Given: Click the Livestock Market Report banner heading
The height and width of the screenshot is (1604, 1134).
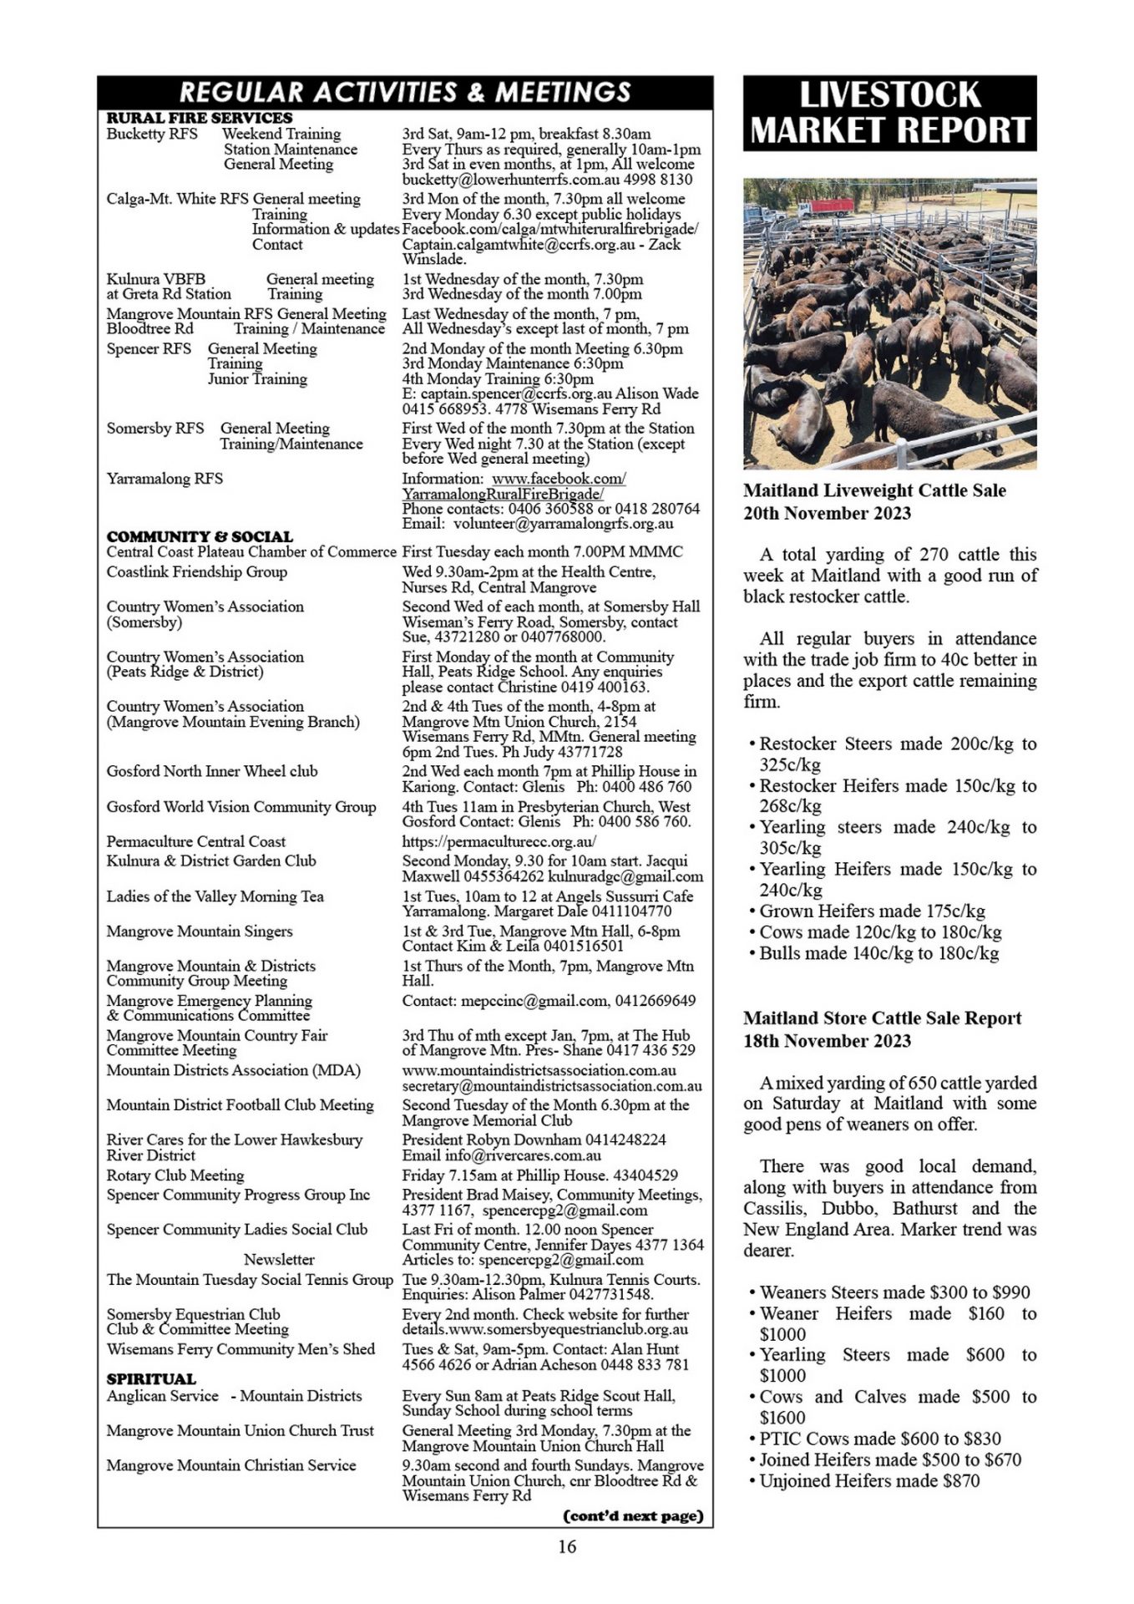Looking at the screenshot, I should [x=889, y=113].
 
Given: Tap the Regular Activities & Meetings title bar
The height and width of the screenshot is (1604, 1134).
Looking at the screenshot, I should [x=405, y=92].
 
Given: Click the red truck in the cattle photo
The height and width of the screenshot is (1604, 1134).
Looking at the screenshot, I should [x=826, y=206].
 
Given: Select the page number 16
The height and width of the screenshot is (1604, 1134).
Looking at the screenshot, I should [x=567, y=1546].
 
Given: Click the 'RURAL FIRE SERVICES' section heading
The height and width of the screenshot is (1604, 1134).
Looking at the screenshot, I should [x=200, y=118].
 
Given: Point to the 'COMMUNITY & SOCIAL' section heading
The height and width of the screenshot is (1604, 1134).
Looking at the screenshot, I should [x=200, y=536].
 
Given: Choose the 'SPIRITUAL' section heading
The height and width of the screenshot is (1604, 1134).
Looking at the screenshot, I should [x=151, y=1378].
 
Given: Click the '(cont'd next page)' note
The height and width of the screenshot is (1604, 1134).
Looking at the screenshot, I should [x=634, y=1515].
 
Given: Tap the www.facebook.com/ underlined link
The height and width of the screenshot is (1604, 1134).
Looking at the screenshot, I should [x=559, y=479].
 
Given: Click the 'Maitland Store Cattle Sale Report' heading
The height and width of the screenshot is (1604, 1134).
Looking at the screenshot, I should [x=883, y=1018].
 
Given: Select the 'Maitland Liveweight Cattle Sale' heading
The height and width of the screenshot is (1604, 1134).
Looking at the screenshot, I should [x=874, y=490].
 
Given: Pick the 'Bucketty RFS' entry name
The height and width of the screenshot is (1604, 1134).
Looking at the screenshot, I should [x=152, y=134].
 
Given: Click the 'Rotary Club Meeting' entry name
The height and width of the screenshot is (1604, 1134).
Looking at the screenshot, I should [x=175, y=1175].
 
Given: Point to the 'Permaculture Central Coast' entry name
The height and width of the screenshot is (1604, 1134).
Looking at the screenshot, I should [x=195, y=841].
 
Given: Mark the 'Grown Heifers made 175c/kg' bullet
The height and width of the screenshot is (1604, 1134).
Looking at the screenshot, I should [x=872, y=911].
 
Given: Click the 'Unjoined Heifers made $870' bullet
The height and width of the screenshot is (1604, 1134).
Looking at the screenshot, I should [x=869, y=1480].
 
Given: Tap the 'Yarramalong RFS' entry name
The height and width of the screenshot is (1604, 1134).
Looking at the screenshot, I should [x=165, y=479].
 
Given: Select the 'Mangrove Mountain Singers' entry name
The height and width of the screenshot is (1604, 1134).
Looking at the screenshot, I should [x=200, y=931].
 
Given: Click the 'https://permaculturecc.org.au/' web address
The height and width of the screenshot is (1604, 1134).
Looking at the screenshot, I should [x=499, y=841].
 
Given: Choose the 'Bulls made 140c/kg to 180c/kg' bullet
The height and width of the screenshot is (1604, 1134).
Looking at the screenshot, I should [x=878, y=952].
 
